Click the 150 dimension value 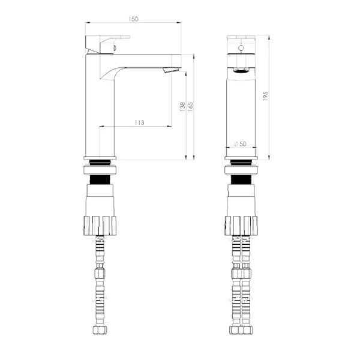click(133, 19)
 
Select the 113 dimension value click(139, 122)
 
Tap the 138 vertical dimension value click(182, 107)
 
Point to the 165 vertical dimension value click(190, 107)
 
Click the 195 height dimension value click(265, 96)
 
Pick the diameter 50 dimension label click(240, 144)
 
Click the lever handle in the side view click(107, 45)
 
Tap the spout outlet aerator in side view click(170, 70)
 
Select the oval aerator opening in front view click(241, 70)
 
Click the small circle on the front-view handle click(241, 48)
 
